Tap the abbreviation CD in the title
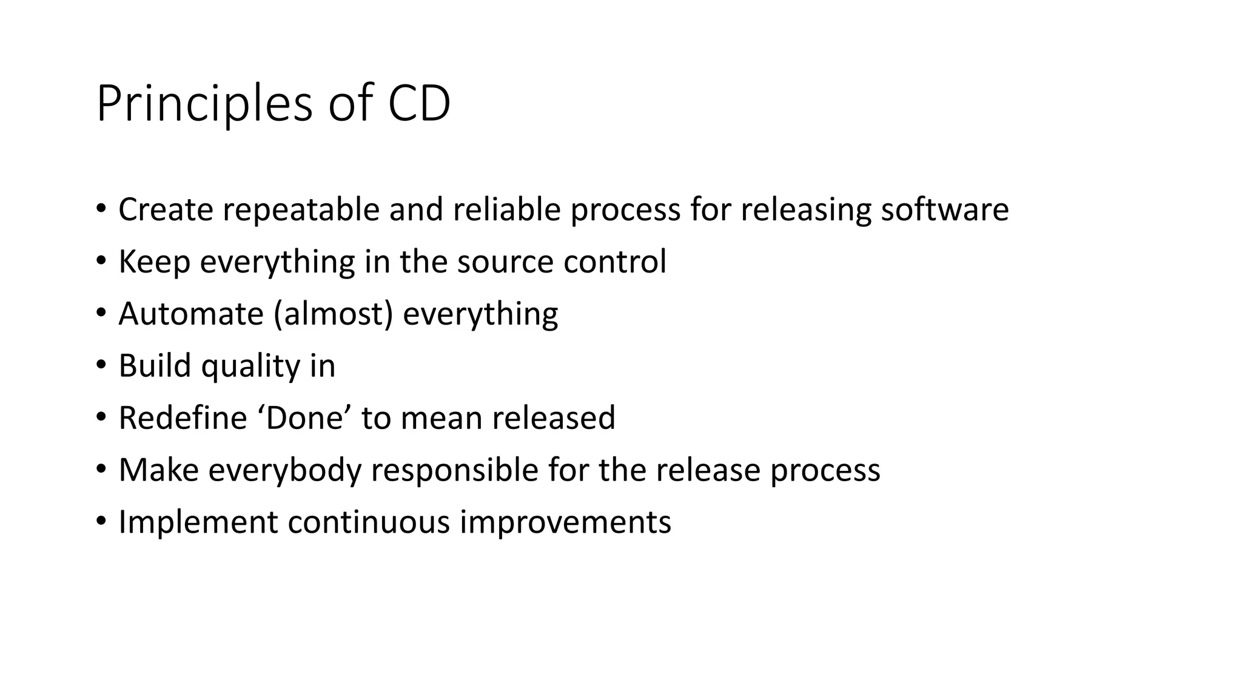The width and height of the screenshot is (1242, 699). coord(418,104)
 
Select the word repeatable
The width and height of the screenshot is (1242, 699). coord(301,210)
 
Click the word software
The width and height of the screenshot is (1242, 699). coord(944,210)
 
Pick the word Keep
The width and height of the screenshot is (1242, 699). coord(154,262)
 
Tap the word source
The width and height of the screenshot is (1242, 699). coord(505,262)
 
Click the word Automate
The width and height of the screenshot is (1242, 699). coord(190,314)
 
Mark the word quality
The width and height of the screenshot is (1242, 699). coord(250,366)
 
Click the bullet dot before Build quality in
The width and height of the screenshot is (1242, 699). coord(101,365)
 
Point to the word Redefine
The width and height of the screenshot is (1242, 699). coord(183,419)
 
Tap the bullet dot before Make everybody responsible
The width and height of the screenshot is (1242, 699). coord(101,470)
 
